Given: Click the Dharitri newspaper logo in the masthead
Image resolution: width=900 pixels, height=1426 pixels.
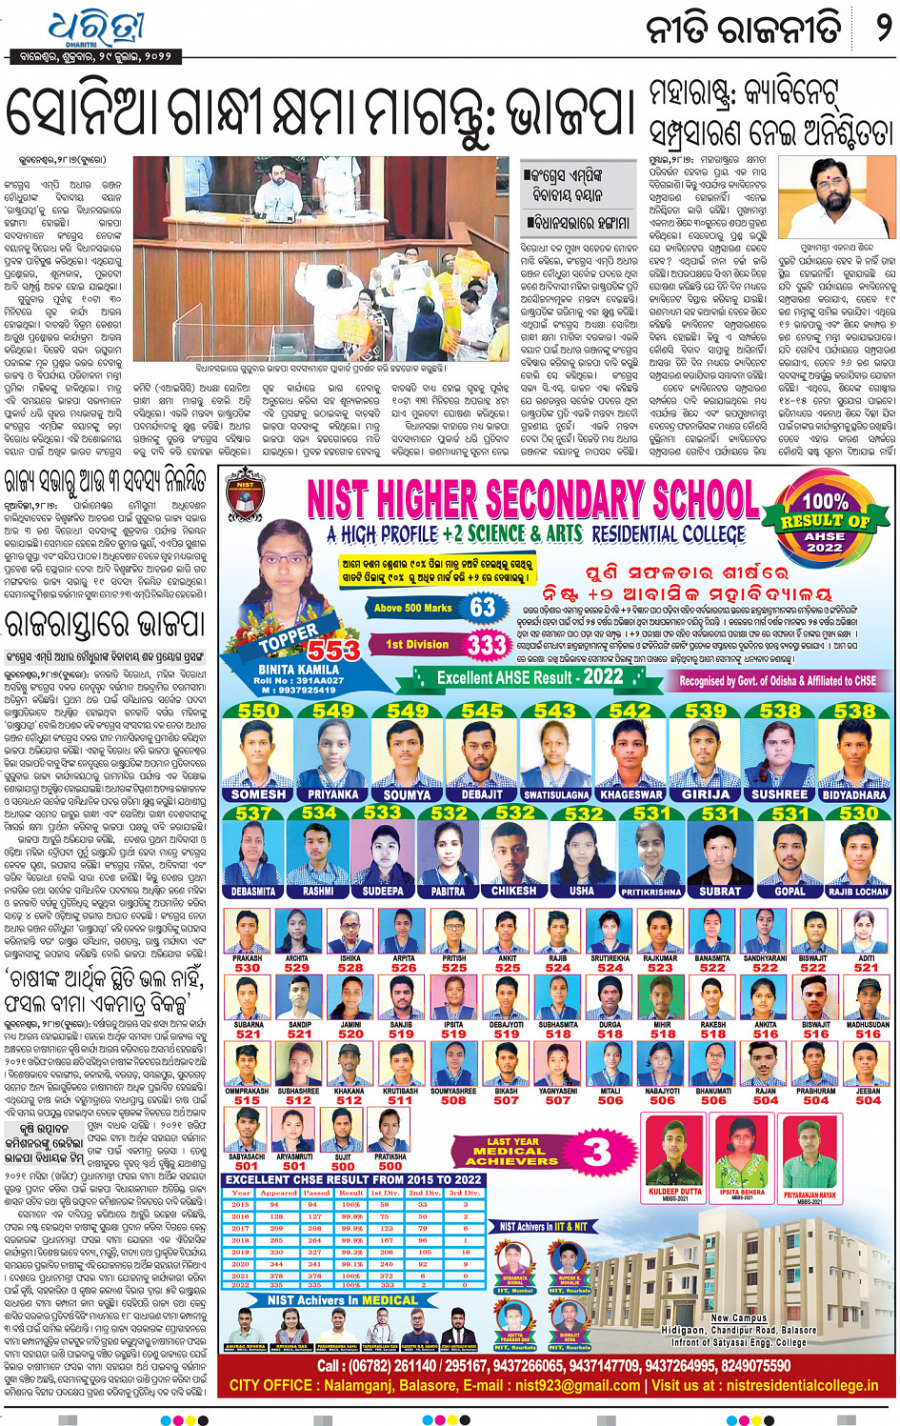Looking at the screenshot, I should pos(93,28).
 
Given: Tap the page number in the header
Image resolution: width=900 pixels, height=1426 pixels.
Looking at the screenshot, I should pos(883,28).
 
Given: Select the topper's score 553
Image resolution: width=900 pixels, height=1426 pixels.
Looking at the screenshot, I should pos(332,650).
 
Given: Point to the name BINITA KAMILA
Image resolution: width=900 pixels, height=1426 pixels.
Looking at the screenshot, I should pos(298,670).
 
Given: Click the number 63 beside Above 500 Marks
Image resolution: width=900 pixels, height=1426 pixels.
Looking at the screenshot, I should pos(483,607).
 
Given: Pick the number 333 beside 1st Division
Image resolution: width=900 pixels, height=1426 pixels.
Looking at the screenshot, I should pos(487,645).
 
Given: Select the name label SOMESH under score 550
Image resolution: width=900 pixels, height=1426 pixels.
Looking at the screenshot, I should pos(258,794).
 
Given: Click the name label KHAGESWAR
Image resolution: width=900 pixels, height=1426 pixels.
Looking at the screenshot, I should pos(631,794).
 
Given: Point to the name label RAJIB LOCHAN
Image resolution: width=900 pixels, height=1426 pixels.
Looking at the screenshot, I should pos(858,892).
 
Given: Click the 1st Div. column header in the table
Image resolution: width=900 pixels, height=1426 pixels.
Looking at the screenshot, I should pos(385,1193).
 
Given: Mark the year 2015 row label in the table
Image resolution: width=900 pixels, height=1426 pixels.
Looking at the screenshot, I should pos(240,1205).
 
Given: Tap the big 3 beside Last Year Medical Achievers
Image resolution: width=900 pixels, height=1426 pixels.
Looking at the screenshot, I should pos(596,1152).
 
